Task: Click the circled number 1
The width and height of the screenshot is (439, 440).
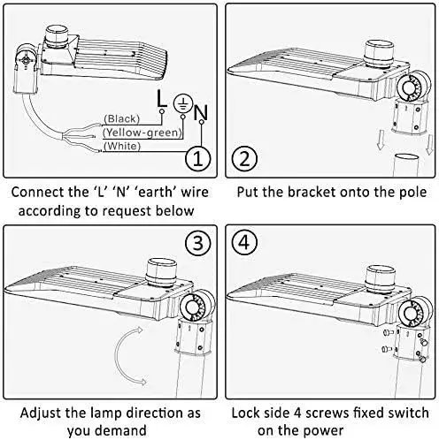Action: (198, 158)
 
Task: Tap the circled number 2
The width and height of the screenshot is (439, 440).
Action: (244, 158)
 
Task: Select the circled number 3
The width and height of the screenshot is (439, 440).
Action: (198, 243)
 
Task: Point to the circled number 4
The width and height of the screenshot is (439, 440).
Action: (244, 243)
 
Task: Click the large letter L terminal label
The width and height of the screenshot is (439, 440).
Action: (161, 99)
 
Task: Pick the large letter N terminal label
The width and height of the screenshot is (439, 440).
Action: (201, 112)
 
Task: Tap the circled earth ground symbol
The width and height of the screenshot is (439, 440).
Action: (183, 103)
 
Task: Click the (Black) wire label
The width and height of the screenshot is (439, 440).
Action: (121, 118)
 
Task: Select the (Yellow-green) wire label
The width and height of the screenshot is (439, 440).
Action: (142, 133)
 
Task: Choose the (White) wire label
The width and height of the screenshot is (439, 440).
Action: (122, 146)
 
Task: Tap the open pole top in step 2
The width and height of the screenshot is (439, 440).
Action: (407, 156)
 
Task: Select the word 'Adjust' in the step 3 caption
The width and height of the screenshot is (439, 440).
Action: (41, 413)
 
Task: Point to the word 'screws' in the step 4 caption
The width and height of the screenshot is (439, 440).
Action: (327, 413)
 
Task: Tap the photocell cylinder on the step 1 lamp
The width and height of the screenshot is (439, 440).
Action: (57, 37)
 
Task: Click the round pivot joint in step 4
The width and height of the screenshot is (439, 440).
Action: (416, 312)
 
